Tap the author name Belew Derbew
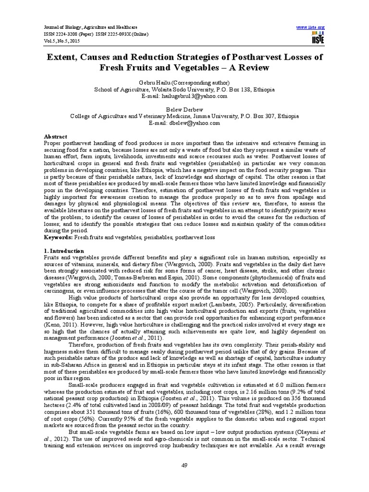184,110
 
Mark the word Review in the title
253,68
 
